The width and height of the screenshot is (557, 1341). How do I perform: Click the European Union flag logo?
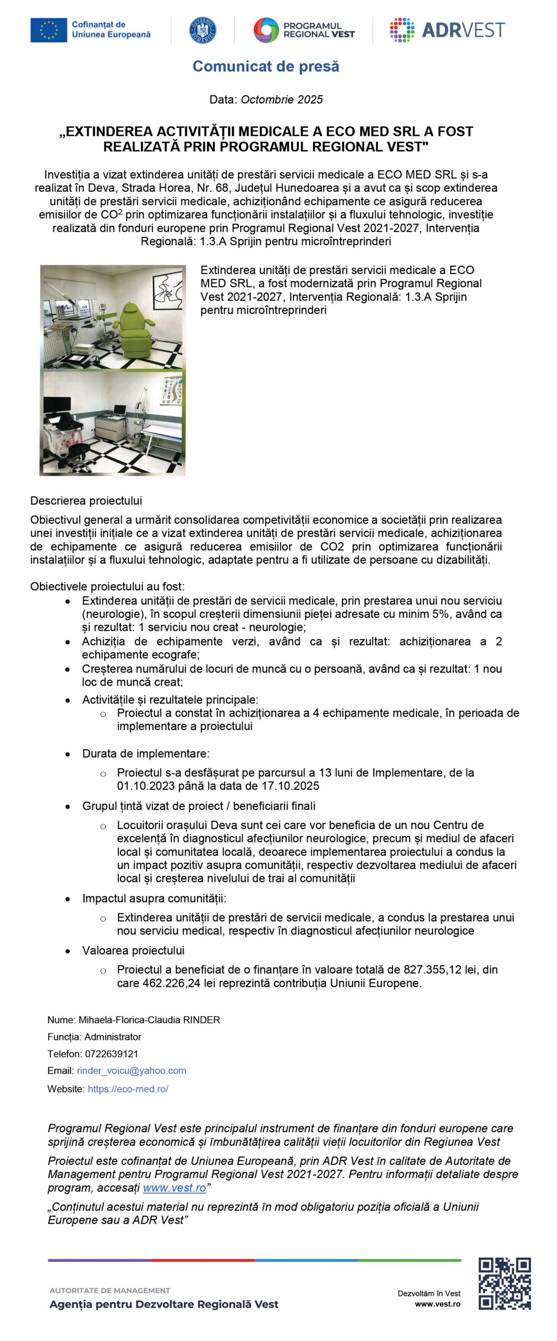48,30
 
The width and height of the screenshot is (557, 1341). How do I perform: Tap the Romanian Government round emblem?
202,30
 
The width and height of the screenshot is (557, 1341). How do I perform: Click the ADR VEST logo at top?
447,30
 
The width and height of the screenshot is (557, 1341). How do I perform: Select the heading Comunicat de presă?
266,67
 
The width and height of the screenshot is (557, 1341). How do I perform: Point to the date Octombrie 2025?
281,100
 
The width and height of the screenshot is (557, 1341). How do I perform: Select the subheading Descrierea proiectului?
86,501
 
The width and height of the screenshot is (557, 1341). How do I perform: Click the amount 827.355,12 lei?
440,970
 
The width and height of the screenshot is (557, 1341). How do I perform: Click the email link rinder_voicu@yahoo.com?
132,1071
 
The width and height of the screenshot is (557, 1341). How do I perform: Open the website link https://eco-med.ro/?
128,1089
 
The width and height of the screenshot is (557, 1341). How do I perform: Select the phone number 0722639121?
112,1054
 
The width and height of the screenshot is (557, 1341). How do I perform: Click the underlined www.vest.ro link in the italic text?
174,1188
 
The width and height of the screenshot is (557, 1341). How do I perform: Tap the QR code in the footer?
505,1283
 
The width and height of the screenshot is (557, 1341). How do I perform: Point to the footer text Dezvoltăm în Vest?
429,1293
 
